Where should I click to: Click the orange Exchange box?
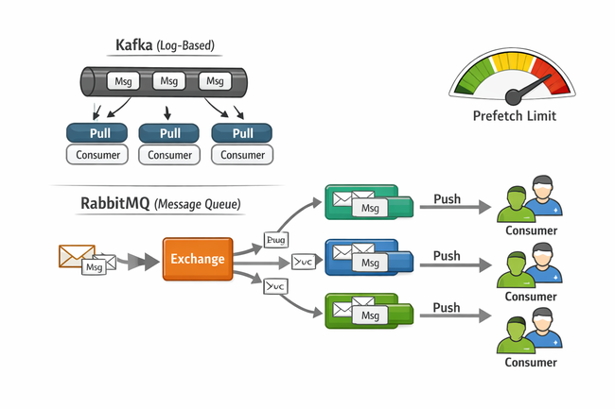[x=197, y=258]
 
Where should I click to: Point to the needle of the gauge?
[x=526, y=89]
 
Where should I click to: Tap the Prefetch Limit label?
[x=514, y=116]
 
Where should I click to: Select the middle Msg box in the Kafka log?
[x=169, y=80]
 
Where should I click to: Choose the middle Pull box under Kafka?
[x=170, y=132]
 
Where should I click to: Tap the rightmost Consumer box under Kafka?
[x=243, y=155]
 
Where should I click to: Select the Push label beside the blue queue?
[x=446, y=255]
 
